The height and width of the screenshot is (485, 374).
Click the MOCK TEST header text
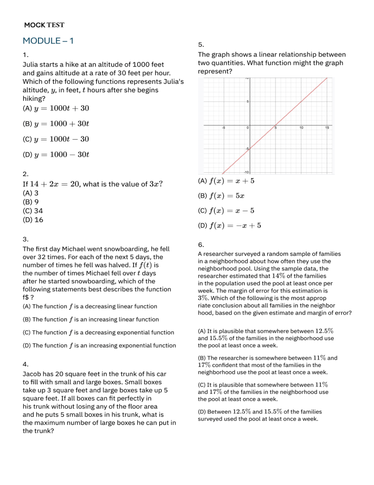(x=44, y=25)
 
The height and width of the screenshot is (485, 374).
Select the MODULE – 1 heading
(x=48, y=41)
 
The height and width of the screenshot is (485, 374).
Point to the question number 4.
(x=25, y=364)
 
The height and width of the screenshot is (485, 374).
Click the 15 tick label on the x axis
(x=327, y=128)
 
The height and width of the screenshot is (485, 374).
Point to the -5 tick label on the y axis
(x=247, y=148)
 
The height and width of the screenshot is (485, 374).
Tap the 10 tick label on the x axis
(x=301, y=128)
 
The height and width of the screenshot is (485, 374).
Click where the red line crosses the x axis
(x=275, y=124)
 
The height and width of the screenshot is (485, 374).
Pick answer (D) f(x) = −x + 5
(x=230, y=225)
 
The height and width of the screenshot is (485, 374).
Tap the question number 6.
(x=201, y=244)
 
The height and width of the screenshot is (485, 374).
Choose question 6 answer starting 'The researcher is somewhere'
(x=267, y=364)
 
